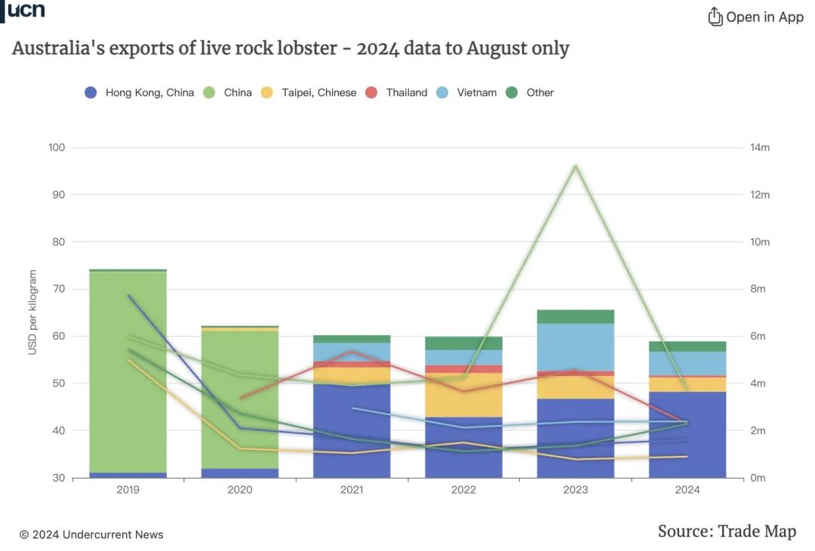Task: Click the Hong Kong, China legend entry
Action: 140,93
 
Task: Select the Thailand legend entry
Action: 396,93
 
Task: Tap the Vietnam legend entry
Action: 467,93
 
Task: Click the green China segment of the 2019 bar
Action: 128,370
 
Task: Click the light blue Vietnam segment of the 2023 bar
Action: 575,347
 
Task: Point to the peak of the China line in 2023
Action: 576,166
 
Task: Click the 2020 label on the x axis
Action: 240,490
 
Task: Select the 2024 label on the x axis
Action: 687,490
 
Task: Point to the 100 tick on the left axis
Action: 57,148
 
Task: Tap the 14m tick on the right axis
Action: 759,148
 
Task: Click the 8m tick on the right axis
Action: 757,289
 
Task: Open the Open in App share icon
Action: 715,17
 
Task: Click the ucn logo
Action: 26,11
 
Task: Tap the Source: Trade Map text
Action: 726,531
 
